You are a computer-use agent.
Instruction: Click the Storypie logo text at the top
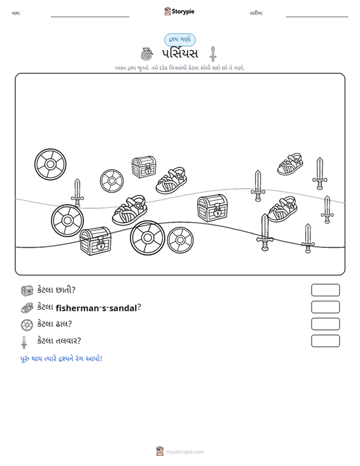[183, 11]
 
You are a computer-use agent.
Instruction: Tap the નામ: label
[16, 13]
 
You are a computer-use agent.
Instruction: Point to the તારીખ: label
[256, 13]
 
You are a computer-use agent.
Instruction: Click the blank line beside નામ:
[90, 17]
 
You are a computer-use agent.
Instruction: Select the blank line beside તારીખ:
[317, 17]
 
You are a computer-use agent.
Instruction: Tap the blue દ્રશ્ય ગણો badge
[180, 39]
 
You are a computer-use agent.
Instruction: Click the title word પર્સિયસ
[180, 54]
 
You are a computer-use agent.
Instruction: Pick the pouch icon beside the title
[146, 54]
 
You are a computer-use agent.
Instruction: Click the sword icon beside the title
[213, 54]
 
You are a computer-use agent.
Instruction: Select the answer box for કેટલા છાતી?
[325, 290]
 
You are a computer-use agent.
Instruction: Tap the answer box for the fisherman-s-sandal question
[325, 307]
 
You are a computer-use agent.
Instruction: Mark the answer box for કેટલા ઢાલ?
[325, 324]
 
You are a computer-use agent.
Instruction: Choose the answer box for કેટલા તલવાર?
[325, 341]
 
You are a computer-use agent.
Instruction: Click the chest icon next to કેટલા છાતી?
[27, 291]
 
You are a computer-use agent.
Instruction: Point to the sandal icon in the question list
[27, 308]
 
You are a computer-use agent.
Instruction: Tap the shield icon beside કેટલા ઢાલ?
[27, 325]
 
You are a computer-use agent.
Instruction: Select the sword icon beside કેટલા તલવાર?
[24, 342]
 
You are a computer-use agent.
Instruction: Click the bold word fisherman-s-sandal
[96, 308]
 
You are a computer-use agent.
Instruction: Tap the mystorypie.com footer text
[185, 452]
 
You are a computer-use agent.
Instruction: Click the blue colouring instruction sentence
[61, 359]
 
